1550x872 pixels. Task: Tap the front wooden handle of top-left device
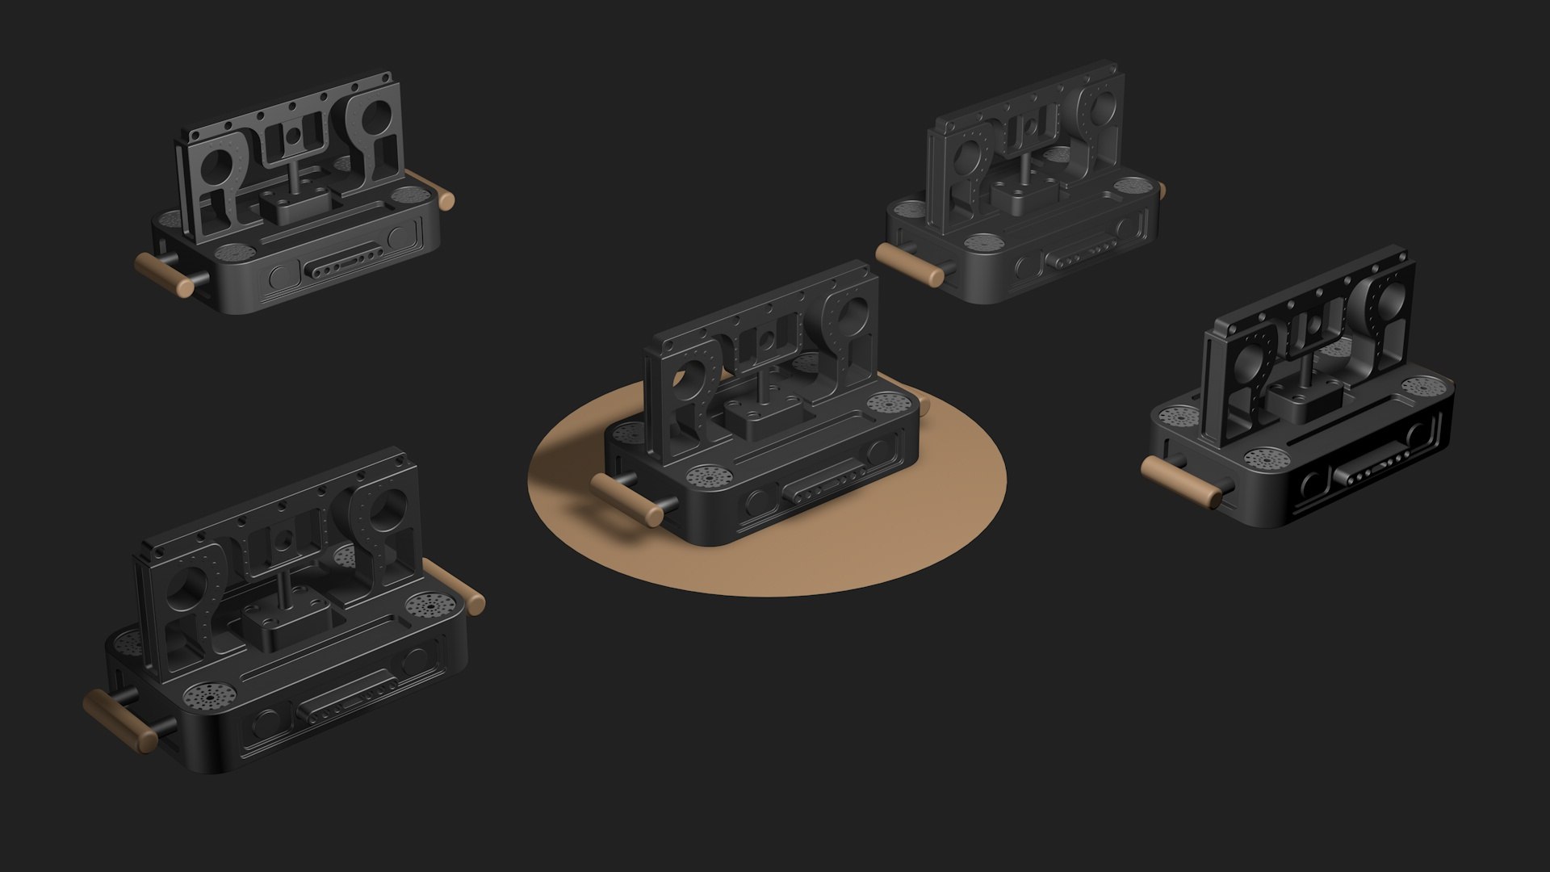click(165, 275)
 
